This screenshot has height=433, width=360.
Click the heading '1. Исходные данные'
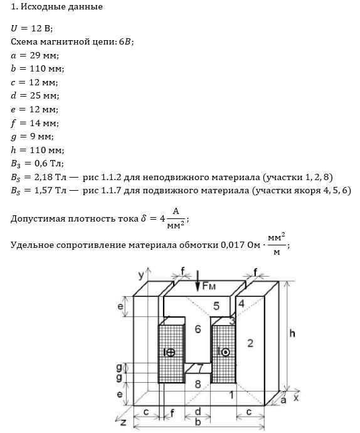coord(56,7)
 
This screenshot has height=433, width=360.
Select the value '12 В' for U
coord(41,28)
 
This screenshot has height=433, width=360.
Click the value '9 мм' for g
coord(41,136)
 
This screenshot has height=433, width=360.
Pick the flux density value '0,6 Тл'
coord(48,164)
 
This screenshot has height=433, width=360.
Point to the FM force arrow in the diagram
coord(198,281)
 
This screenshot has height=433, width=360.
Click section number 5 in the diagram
coord(216,306)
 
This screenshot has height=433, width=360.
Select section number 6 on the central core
coord(198,329)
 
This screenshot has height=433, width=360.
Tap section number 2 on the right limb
coord(250,343)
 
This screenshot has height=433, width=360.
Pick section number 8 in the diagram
coord(198,384)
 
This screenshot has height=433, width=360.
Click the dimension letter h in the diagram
coord(292,333)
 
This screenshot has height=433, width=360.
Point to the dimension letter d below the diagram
coord(198,412)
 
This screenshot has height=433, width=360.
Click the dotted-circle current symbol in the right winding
coord(226,352)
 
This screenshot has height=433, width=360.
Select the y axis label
coord(141,275)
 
